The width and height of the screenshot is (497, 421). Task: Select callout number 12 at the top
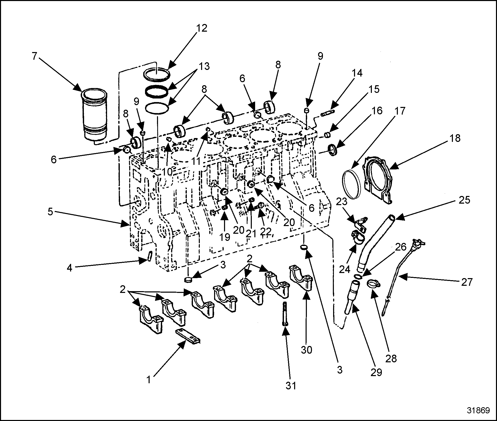(201, 28)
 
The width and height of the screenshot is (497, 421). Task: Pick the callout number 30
(306, 350)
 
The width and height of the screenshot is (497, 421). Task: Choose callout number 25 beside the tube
(464, 200)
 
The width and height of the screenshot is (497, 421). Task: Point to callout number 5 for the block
(50, 212)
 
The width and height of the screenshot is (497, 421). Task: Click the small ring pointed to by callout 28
(373, 284)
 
